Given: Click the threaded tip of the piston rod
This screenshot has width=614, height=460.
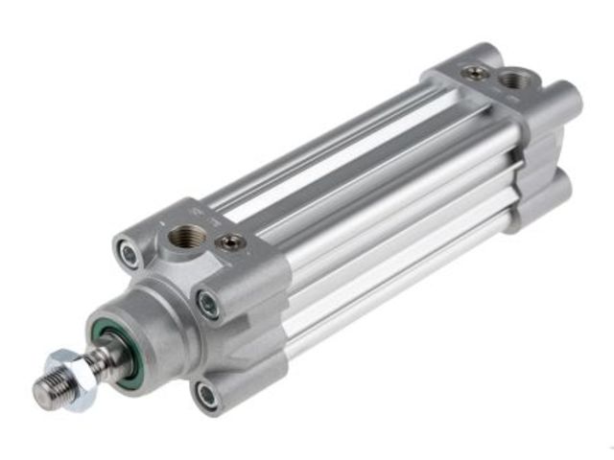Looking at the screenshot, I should pyautogui.click(x=51, y=388).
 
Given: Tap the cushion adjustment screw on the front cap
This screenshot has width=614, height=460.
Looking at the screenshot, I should pyautogui.click(x=229, y=243).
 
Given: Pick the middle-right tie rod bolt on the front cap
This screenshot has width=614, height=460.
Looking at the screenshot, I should pyautogui.click(x=208, y=306).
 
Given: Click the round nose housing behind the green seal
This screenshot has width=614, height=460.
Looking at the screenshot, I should pyautogui.click(x=144, y=326).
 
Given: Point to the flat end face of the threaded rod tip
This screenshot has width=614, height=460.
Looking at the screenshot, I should pyautogui.click(x=39, y=394).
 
